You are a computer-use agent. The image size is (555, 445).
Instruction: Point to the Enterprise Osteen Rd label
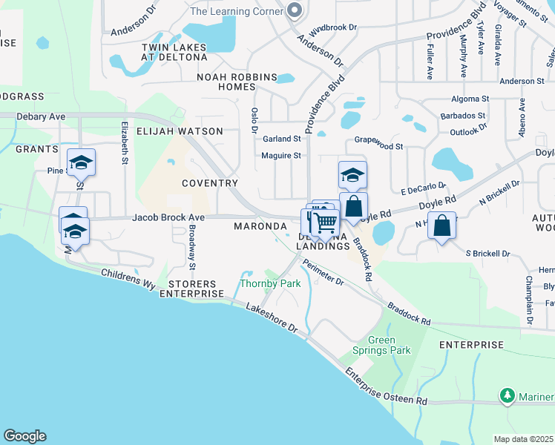tap(386, 388)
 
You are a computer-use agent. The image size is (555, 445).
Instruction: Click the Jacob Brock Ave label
tap(168, 217)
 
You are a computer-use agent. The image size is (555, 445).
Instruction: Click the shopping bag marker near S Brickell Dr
tap(441, 225)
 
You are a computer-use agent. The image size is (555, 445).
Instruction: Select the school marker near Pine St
tap(81, 162)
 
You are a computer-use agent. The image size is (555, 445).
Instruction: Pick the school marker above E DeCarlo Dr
tap(352, 175)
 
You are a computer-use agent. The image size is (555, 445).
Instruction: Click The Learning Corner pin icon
tap(295, 10)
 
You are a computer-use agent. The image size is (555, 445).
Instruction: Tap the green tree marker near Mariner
tap(508, 396)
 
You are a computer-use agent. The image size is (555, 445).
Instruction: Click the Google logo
tap(24, 436)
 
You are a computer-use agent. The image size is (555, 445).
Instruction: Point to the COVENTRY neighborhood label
tap(210, 183)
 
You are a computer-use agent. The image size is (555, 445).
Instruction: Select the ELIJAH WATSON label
tap(180, 131)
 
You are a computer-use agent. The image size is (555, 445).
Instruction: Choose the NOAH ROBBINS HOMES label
tap(236, 82)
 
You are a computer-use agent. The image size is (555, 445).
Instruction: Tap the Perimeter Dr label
tap(324, 272)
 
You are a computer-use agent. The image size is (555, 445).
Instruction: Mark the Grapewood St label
tap(378, 148)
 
